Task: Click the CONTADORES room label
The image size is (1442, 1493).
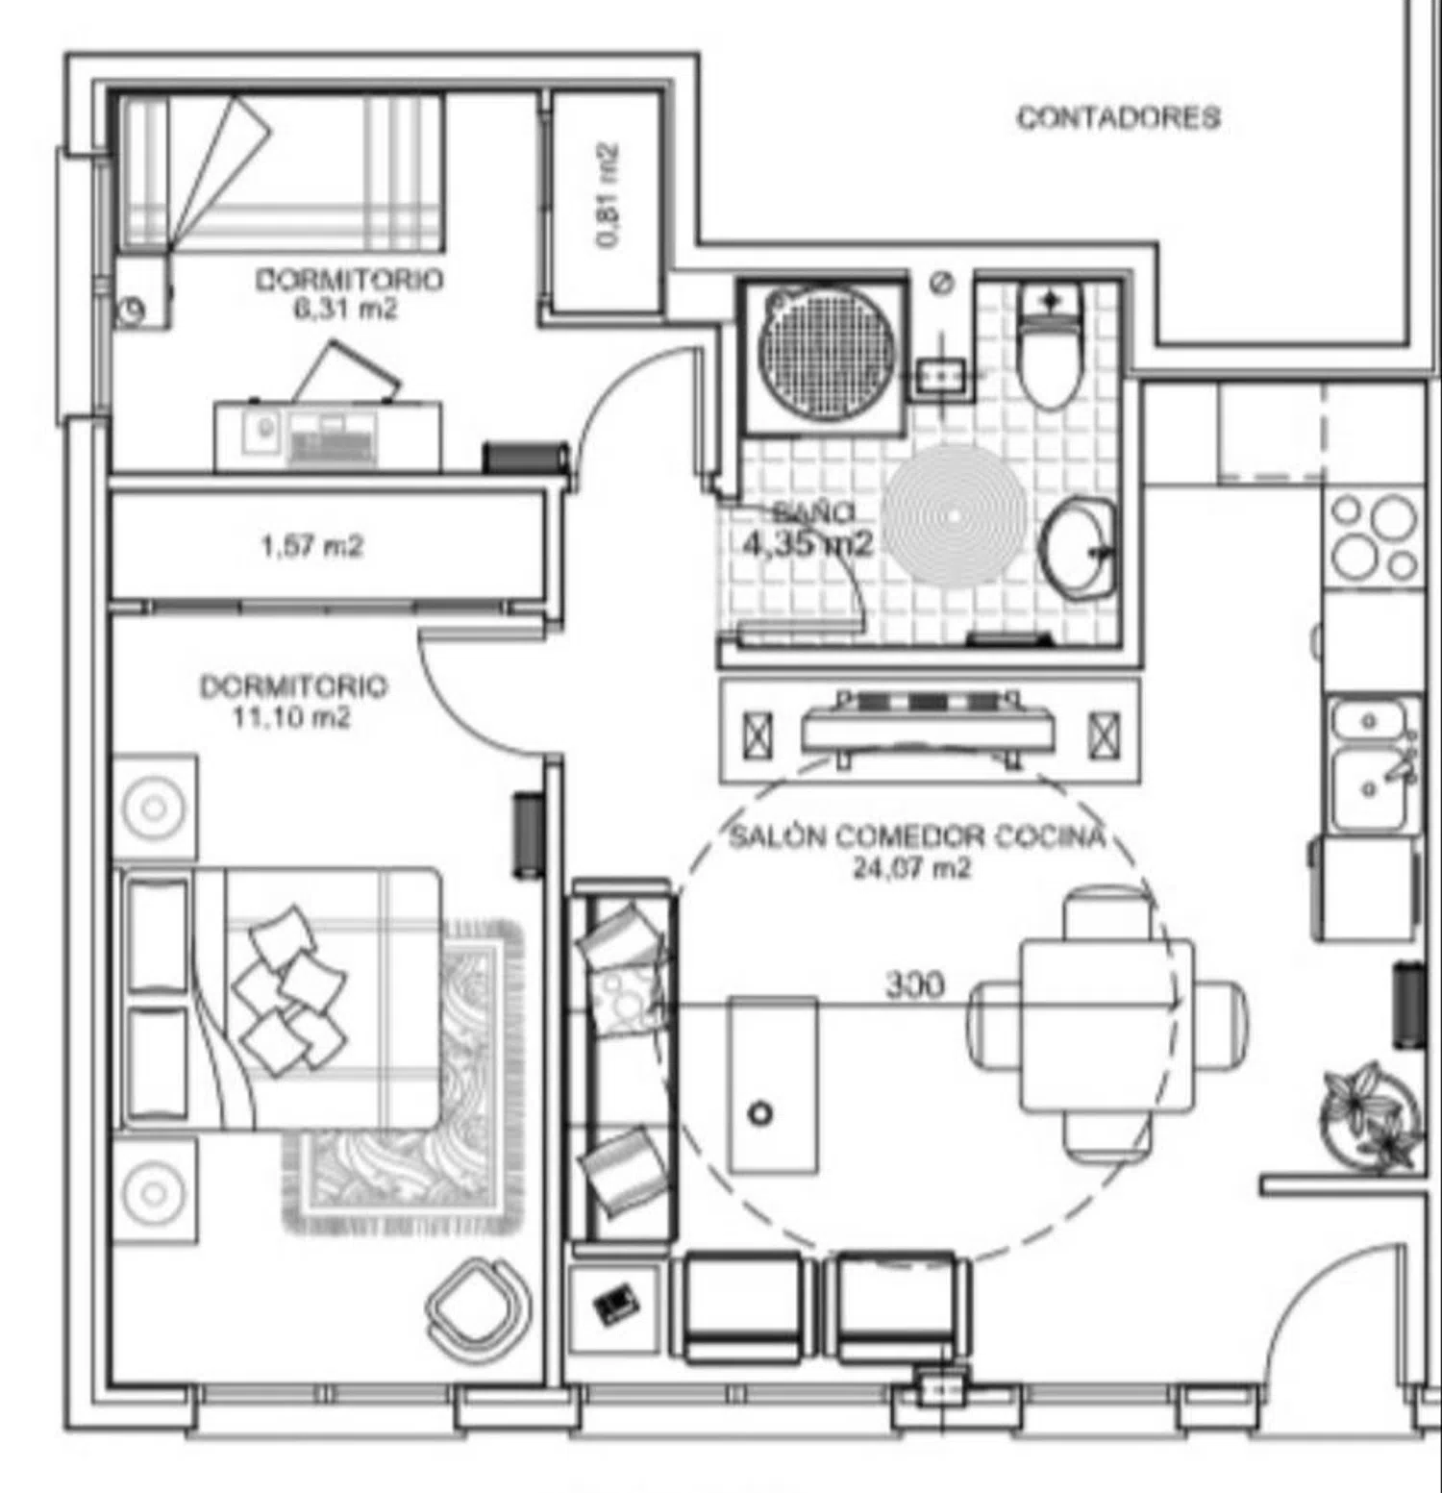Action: [x=1119, y=117]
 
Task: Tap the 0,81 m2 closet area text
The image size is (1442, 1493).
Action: [x=608, y=196]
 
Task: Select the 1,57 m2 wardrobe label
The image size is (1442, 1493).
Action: [x=312, y=546]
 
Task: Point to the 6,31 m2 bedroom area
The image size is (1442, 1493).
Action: [x=346, y=310]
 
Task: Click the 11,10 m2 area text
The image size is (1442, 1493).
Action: [x=291, y=717]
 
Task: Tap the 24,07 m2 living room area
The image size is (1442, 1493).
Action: [x=911, y=868]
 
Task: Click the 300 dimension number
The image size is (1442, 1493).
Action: [x=914, y=984]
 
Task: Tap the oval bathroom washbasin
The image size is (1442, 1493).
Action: [x=1080, y=546]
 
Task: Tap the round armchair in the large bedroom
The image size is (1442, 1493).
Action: [x=478, y=1308]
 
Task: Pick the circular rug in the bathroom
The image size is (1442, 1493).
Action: [x=955, y=515]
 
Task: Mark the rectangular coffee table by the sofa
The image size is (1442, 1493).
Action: [x=774, y=1084]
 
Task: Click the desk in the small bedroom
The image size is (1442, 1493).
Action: [x=328, y=436]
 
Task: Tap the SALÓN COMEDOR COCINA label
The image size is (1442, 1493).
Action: [x=917, y=836]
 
